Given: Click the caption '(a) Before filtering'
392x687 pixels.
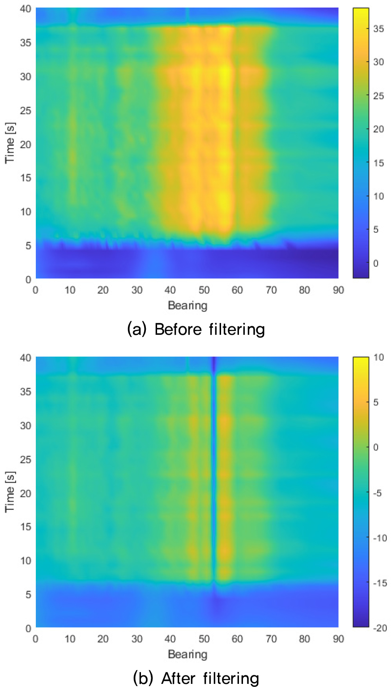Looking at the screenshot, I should (196, 329).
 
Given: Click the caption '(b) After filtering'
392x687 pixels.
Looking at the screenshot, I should (196, 678).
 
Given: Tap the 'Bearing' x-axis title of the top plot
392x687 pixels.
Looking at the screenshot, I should (187, 306).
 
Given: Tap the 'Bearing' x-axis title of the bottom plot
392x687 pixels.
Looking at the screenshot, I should (187, 654).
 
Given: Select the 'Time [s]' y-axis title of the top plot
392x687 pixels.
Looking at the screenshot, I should (10, 143).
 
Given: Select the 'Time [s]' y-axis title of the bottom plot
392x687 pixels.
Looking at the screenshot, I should (10, 492).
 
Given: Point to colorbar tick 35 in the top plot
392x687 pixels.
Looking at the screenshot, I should (379, 29).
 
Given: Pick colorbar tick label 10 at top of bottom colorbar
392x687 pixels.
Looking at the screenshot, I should (379, 357).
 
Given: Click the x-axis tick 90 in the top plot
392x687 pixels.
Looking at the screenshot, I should (338, 290).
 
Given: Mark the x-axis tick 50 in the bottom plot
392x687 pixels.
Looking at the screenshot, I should (204, 639).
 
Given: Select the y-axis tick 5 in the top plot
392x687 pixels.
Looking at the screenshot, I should (28, 246).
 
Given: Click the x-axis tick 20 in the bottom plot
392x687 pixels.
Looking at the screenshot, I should (103, 639).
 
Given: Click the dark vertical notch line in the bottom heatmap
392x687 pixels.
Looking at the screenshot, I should (214, 470).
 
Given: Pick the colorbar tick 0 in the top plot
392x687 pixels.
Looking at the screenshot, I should (376, 263).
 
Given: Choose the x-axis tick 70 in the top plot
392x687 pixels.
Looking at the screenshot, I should (271, 290).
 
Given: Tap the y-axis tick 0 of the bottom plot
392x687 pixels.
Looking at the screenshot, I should (28, 628).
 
